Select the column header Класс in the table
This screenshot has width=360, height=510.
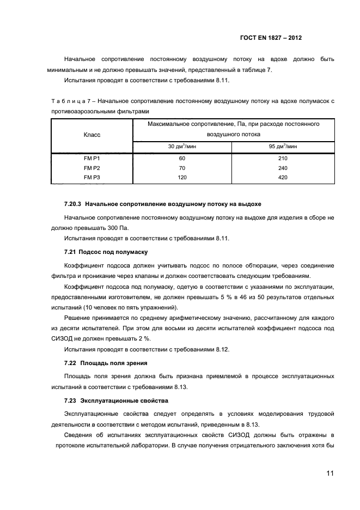(x=91, y=134)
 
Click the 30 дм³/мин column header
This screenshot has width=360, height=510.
(x=182, y=146)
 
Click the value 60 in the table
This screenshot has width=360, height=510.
(x=182, y=158)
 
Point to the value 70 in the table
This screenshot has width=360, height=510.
(x=182, y=168)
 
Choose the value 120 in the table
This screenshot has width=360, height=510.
(x=182, y=178)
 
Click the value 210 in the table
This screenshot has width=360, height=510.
(x=282, y=158)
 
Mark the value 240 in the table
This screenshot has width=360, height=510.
(x=282, y=168)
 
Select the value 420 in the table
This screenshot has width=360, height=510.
(x=282, y=178)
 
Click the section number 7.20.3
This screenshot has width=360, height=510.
(x=72, y=204)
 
